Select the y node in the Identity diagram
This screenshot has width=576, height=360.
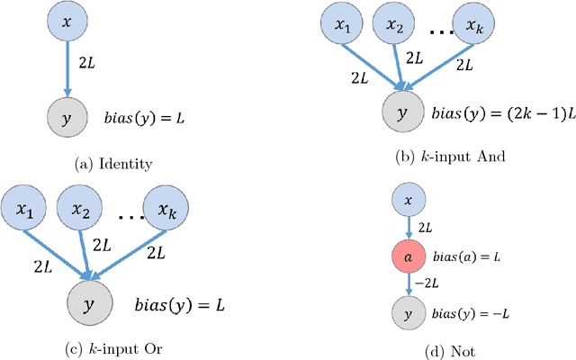tap(66, 118)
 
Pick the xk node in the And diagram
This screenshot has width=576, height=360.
tap(475, 28)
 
